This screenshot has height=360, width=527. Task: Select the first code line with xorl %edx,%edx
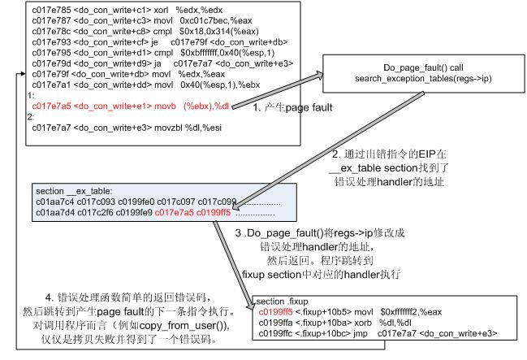pyautogui.click(x=105, y=8)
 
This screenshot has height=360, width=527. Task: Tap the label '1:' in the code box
pyautogui.click(x=32, y=95)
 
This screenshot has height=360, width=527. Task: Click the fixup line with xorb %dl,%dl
pyautogui.click(x=341, y=322)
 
